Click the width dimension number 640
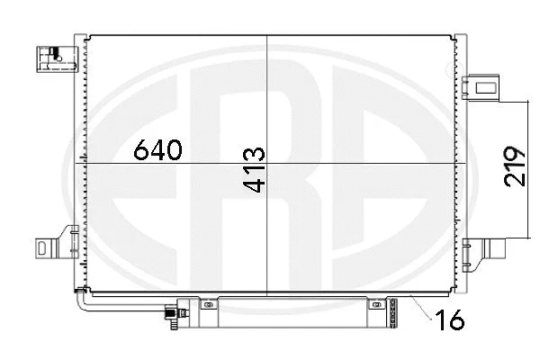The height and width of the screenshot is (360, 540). (157, 150)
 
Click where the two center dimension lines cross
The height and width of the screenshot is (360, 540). (267, 163)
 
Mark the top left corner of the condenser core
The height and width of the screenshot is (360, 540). (88, 36)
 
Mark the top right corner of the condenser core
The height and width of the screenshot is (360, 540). (455, 36)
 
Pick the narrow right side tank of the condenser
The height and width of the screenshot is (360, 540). (462, 162)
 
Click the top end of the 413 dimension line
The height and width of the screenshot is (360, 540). (267, 36)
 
